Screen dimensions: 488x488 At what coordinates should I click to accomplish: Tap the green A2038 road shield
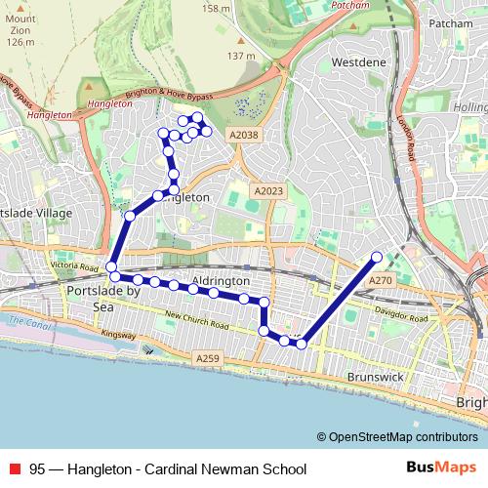pyautogui.click(x=244, y=135)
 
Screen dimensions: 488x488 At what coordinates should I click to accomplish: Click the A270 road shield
pyautogui.click(x=381, y=280)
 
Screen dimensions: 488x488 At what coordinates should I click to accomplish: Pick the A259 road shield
pyautogui.click(x=207, y=359)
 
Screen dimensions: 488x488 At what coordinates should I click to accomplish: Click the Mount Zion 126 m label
pyautogui.click(x=20, y=30)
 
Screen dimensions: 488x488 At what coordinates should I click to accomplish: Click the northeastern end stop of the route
pyautogui.click(x=378, y=258)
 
